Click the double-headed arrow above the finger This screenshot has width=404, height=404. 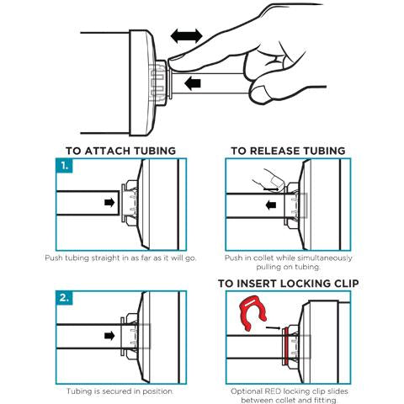tap(187, 36)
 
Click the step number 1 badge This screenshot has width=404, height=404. tap(64, 166)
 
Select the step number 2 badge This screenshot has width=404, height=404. tap(64, 298)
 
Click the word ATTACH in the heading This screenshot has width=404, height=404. tap(108, 151)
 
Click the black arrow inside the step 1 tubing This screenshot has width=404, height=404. tap(109, 202)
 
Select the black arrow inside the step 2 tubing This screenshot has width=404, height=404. tap(109, 336)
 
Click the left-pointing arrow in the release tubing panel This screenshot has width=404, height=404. tap(271, 205)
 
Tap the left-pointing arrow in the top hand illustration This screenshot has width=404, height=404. tap(193, 83)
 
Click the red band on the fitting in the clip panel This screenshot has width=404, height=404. tap(286, 347)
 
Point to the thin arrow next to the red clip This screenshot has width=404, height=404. tap(273, 327)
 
